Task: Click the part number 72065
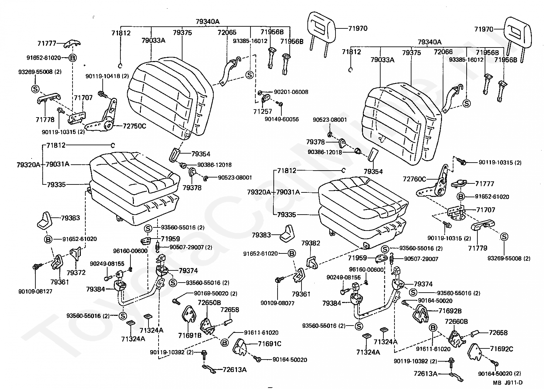[x=227, y=33]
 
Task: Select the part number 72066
[x=443, y=52]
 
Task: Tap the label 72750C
[x=134, y=126]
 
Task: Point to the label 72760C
[x=414, y=179]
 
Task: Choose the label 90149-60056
[x=281, y=119]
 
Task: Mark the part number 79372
[x=76, y=273]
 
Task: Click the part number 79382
[x=311, y=243]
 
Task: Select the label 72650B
[x=209, y=303]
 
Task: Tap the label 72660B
[x=456, y=322]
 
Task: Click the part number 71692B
[x=450, y=311]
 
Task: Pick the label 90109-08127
[x=35, y=291]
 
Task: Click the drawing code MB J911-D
[x=508, y=383]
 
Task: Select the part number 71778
[x=45, y=120]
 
